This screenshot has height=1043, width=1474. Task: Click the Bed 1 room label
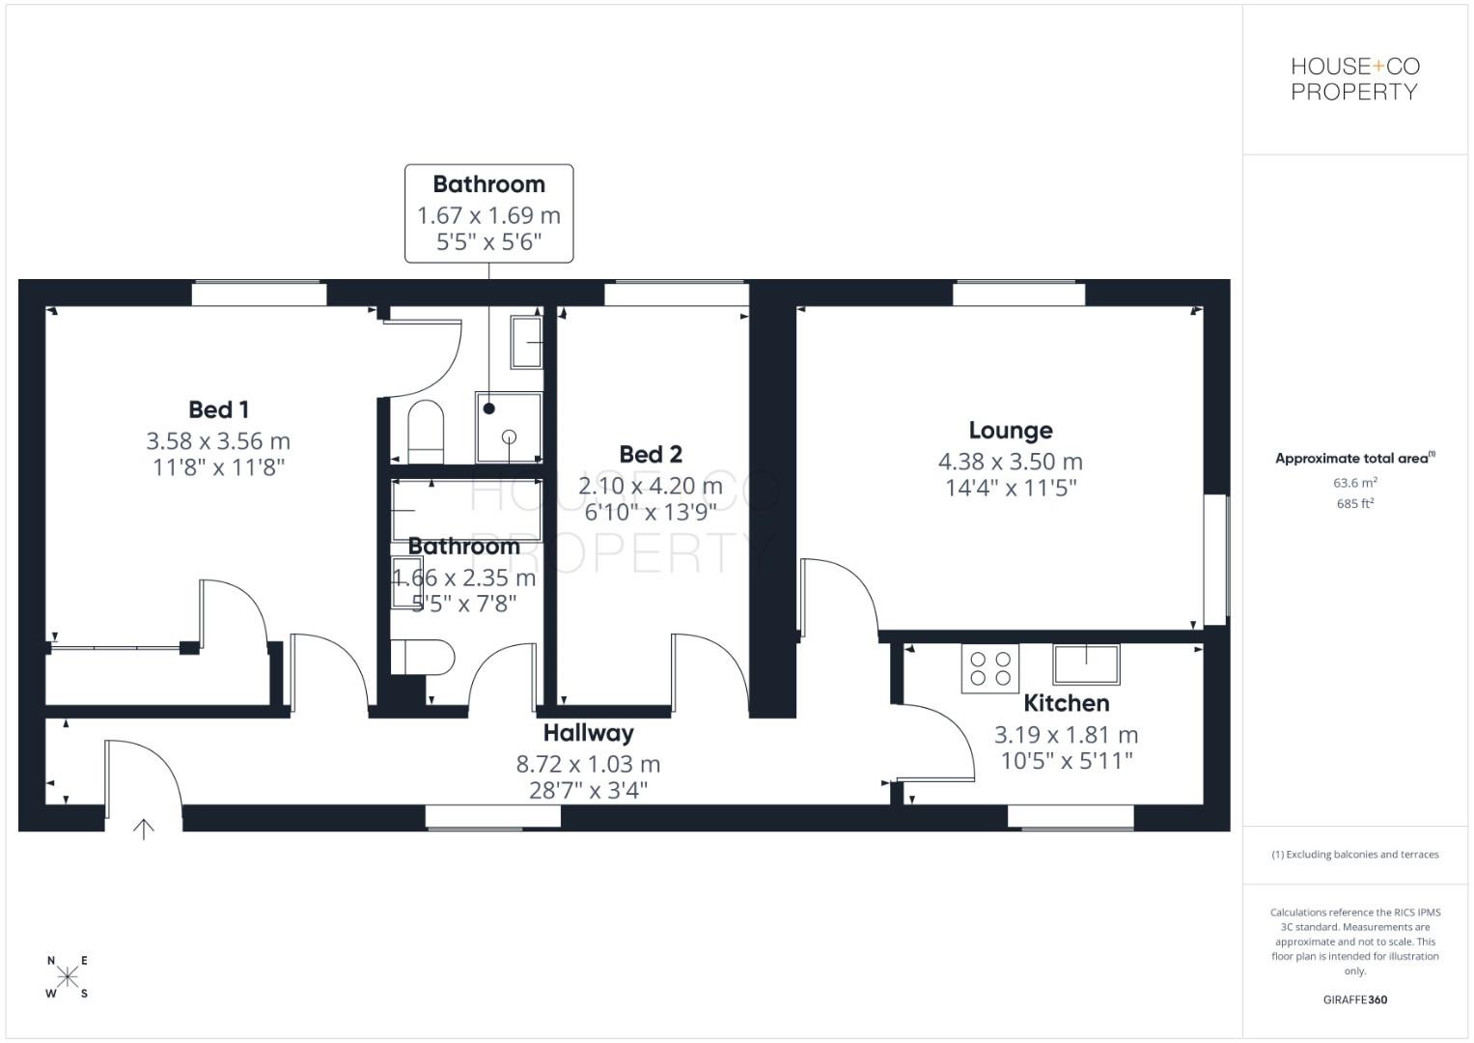tap(218, 409)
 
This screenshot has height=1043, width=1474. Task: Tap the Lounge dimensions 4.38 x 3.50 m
tap(1010, 462)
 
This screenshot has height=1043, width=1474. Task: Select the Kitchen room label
tap(1066, 703)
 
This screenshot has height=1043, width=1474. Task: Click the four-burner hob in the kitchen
tap(990, 668)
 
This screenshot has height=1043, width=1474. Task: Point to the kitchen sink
tap(1086, 664)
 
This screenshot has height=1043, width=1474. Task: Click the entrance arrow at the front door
tap(143, 829)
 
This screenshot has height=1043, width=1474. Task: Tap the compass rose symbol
tap(68, 976)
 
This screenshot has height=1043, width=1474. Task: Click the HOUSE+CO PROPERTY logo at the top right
tap(1354, 79)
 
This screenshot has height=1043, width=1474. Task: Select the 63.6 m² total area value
tap(1354, 483)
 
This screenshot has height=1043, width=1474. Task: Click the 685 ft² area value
tap(1354, 504)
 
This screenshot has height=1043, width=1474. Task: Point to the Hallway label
tap(588, 733)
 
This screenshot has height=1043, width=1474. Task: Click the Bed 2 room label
tap(650, 454)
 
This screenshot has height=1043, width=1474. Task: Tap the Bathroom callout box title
tap(488, 184)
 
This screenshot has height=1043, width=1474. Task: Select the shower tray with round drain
tap(509, 427)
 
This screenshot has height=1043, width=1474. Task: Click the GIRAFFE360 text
tap(1354, 1000)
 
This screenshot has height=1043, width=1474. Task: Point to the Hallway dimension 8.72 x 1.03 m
tap(588, 764)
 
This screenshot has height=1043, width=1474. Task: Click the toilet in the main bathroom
tap(423, 657)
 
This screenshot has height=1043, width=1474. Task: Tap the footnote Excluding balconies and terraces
tap(1354, 855)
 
